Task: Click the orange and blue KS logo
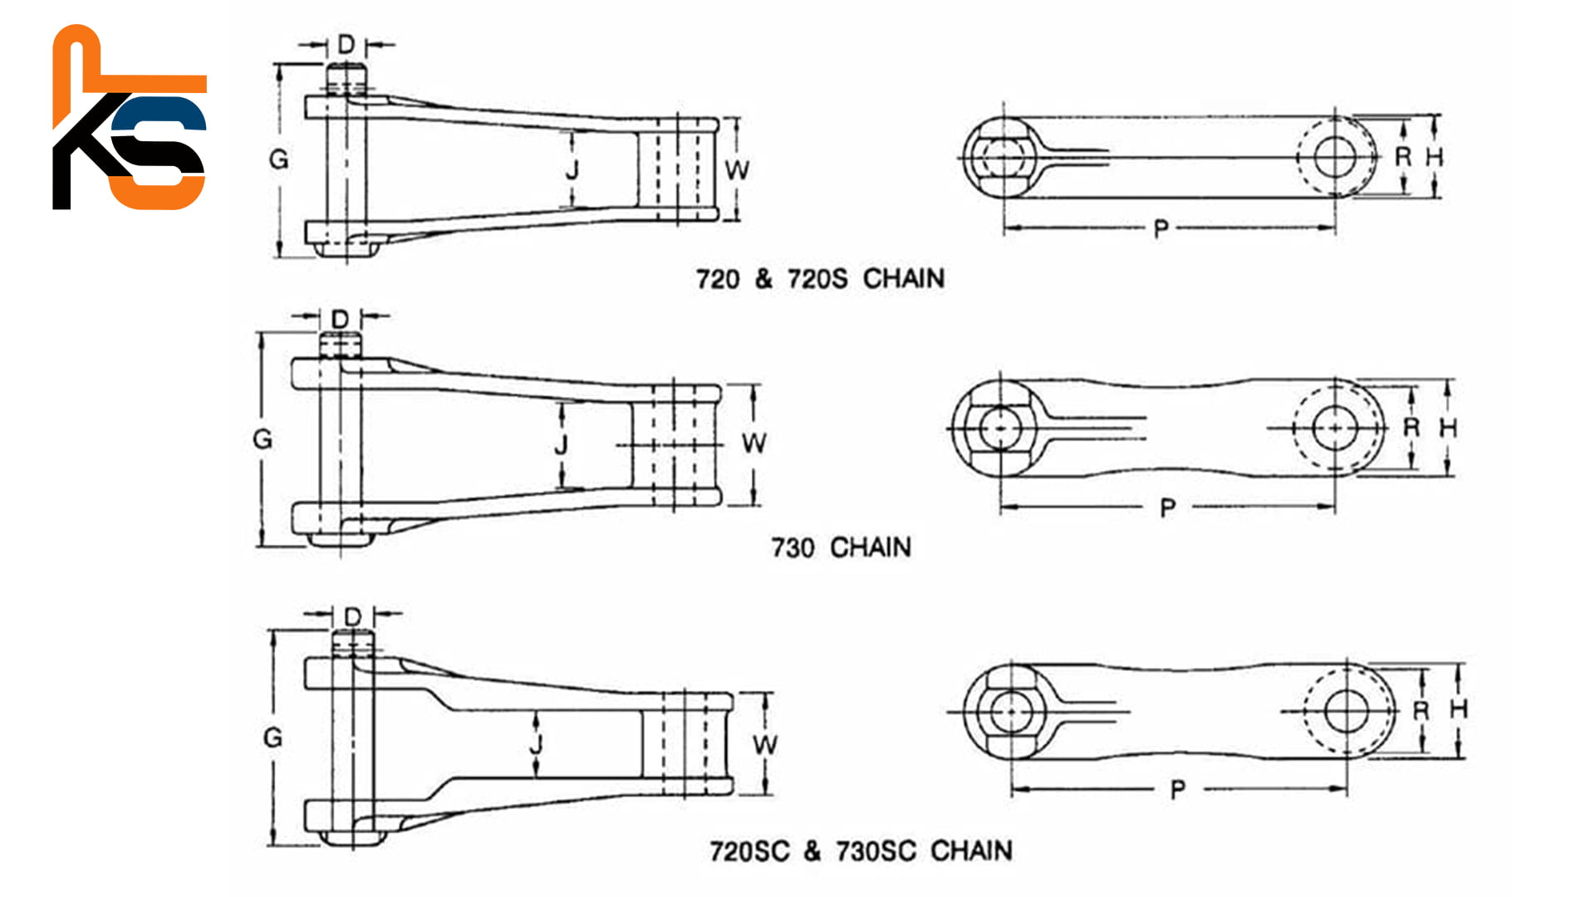pyautogui.click(x=129, y=118)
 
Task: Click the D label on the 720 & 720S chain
pyautogui.click(x=346, y=44)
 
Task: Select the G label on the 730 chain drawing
pyautogui.click(x=263, y=439)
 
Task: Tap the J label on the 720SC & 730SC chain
pyautogui.click(x=536, y=743)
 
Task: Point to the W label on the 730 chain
pyautogui.click(x=753, y=443)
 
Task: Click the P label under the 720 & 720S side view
pyautogui.click(x=1161, y=228)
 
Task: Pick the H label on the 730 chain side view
pyautogui.click(x=1448, y=429)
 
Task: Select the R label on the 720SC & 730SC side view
pyautogui.click(x=1421, y=711)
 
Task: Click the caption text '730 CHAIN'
pyautogui.click(x=841, y=548)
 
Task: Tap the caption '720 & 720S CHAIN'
pyautogui.click(x=820, y=279)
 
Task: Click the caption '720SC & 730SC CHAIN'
pyautogui.click(x=861, y=851)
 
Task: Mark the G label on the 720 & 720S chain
pyautogui.click(x=279, y=159)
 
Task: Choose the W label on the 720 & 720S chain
pyautogui.click(x=737, y=170)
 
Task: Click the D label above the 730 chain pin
pyautogui.click(x=341, y=319)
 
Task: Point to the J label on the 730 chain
pyautogui.click(x=562, y=444)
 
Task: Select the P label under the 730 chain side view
pyautogui.click(x=1168, y=507)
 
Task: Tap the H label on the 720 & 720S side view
pyautogui.click(x=1435, y=157)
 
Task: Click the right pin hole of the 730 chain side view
pyautogui.click(x=1334, y=428)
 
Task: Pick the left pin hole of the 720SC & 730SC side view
pyautogui.click(x=1010, y=712)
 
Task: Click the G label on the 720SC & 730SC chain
pyautogui.click(x=272, y=737)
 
